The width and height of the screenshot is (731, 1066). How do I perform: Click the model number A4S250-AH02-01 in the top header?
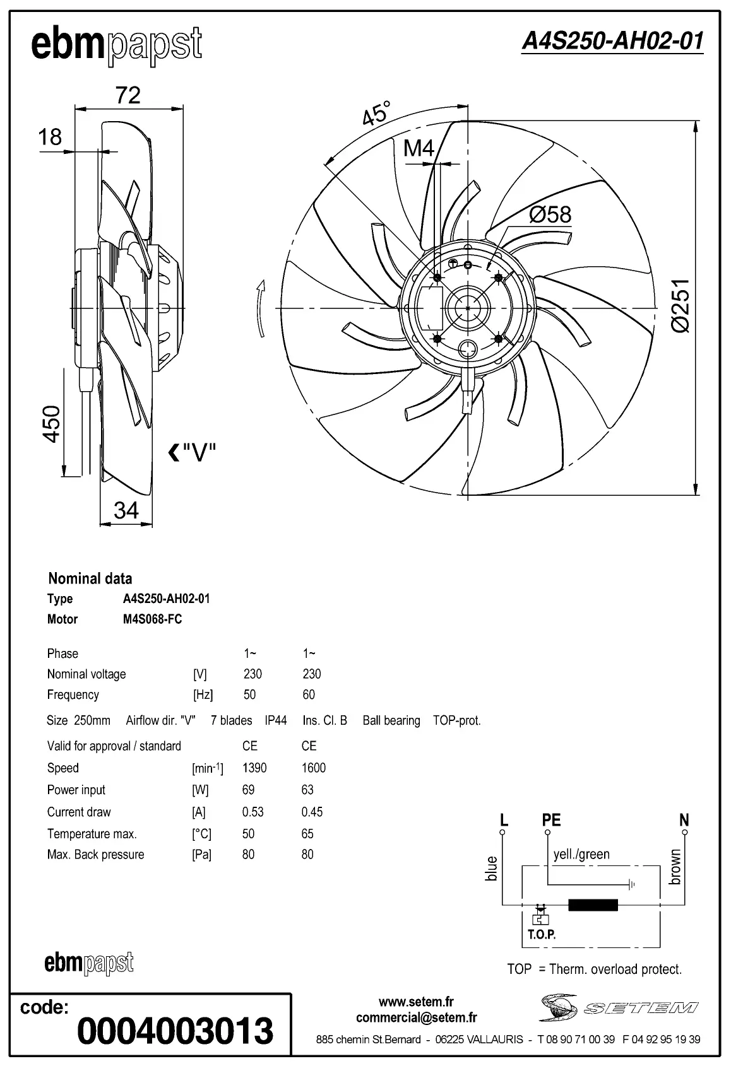[x=612, y=41]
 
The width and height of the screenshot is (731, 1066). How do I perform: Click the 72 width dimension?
[x=128, y=95]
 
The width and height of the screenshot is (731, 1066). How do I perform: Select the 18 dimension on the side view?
[x=51, y=136]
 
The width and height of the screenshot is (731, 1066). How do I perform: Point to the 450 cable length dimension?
[x=51, y=423]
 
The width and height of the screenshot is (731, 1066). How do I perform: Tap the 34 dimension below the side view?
[x=126, y=510]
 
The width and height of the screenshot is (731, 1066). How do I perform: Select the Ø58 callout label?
[x=550, y=214]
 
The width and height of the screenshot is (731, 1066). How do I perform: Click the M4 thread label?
[x=419, y=148]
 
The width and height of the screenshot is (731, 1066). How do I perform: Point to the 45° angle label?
[x=376, y=114]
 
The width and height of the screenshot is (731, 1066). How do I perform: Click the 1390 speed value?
[x=254, y=768]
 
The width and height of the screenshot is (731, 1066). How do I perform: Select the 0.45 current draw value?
[x=312, y=812]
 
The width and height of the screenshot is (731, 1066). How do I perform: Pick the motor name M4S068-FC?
[x=152, y=619]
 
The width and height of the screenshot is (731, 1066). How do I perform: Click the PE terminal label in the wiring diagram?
[x=551, y=820]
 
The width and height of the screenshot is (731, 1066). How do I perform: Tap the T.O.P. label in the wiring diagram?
[x=542, y=934]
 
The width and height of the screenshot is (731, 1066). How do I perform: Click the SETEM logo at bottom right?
[x=619, y=1007]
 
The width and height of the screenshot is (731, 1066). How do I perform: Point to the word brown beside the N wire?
[x=675, y=867]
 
